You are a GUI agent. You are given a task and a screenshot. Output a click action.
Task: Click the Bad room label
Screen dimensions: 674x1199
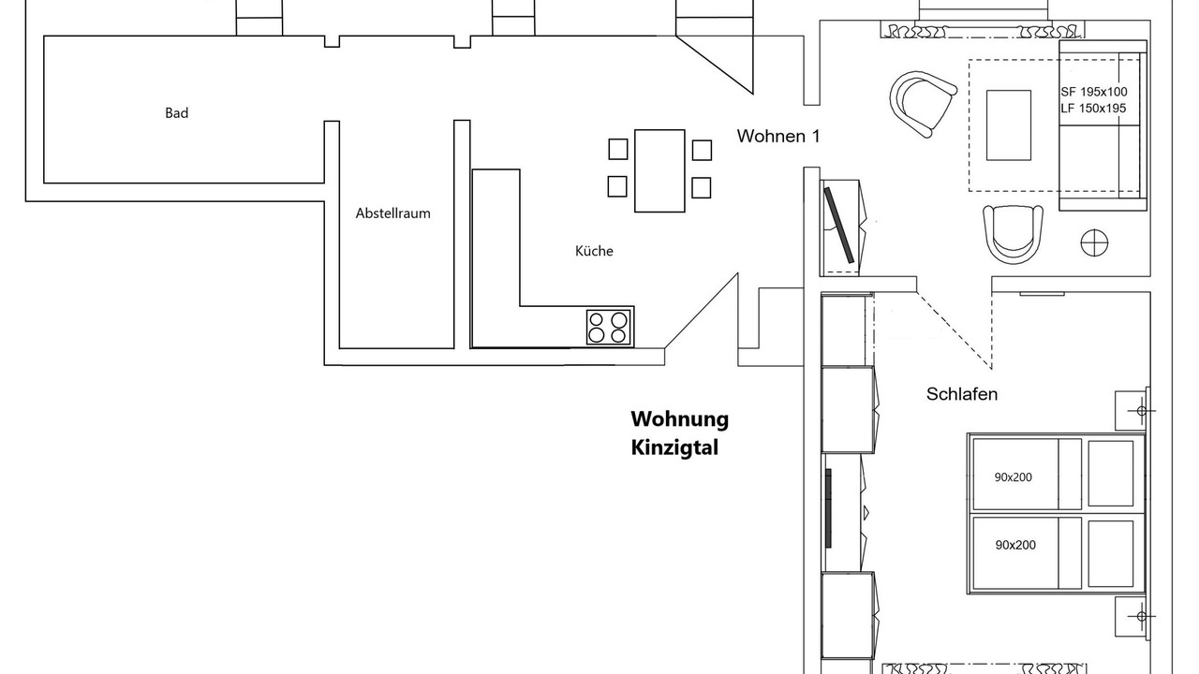coord(177,113)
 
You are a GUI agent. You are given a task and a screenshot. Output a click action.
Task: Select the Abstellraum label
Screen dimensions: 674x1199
coord(392,213)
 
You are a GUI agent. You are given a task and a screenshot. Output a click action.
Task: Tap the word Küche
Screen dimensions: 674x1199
coord(594,251)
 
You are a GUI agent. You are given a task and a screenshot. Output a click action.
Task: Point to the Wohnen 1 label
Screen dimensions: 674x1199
coord(778,137)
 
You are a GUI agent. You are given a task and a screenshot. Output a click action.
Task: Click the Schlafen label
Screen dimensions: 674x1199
coord(962,394)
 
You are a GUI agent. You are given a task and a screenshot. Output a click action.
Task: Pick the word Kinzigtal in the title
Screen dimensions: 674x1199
coord(674,447)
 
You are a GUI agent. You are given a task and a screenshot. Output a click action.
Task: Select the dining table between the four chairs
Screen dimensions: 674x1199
coord(659,170)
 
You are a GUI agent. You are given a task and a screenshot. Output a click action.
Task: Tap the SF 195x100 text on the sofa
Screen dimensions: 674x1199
coord(1094,92)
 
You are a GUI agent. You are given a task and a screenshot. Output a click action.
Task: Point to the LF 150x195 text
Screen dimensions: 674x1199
coord(1094,109)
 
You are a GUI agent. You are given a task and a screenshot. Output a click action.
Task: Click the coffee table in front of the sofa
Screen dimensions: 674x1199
coord(1009,125)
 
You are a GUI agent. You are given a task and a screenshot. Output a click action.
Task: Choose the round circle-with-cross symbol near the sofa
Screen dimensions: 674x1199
coord(1094,242)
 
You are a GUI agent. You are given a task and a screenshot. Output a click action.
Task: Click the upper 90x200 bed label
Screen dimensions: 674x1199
coord(1014,477)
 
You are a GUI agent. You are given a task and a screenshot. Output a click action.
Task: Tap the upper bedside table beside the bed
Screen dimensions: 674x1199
coord(1132,410)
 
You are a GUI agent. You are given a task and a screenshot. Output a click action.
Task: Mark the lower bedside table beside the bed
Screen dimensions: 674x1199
coord(1132,617)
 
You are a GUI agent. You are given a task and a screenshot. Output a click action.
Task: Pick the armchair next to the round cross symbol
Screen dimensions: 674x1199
coord(1013,233)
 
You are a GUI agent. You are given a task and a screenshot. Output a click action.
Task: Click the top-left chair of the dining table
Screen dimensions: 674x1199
coord(617,149)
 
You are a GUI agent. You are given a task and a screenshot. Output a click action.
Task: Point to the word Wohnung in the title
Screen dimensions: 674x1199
coord(679,418)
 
